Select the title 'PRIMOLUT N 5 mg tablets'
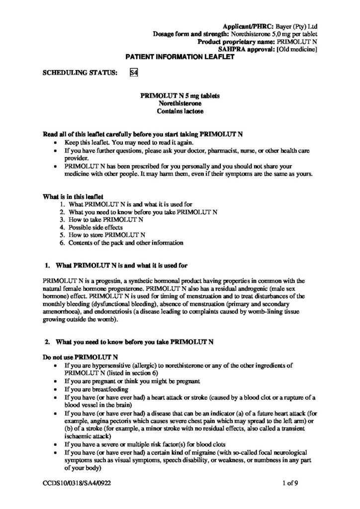pyautogui.click(x=180, y=95)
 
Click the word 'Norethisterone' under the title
pyautogui.click(x=180, y=103)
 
